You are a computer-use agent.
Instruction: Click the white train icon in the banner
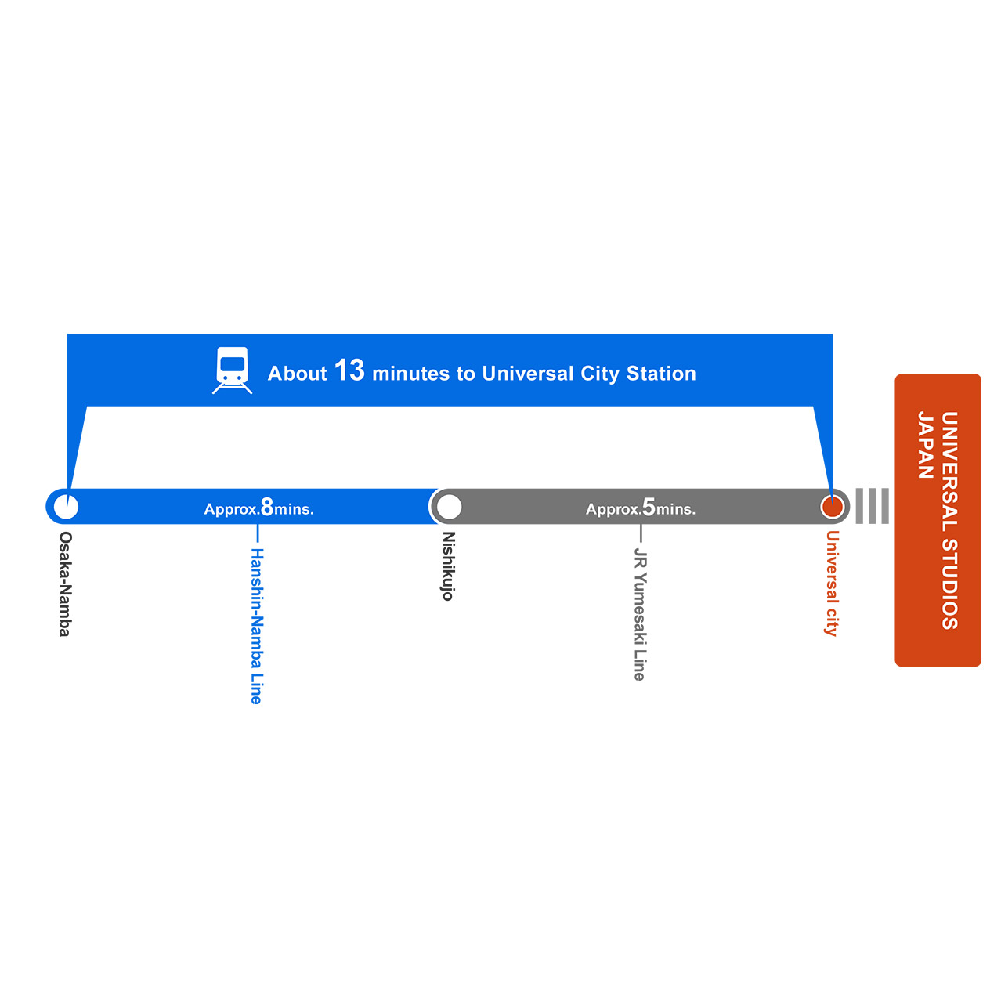pos(232,370)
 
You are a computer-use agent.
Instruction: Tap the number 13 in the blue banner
pos(349,370)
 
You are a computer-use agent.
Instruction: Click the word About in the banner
pos(297,374)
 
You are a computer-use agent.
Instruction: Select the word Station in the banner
pos(661,374)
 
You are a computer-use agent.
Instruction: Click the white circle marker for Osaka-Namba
pos(67,507)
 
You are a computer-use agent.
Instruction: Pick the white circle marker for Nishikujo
pos(450,507)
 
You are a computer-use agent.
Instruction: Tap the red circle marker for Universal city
pos(832,507)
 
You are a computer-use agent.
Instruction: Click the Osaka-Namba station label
pos(66,584)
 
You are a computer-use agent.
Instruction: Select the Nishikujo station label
pos(448,566)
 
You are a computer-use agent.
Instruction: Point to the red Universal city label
pos(832,583)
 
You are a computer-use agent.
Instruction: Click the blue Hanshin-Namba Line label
pos(257,626)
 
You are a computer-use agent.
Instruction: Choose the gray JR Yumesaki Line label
pos(640,614)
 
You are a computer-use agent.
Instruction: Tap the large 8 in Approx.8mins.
pos(267,507)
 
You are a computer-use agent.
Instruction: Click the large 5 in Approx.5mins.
pos(649,507)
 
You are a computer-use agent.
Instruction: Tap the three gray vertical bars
pos(873,506)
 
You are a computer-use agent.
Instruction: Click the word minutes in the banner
pos(411,374)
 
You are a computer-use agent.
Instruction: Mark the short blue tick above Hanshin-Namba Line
pos(258,533)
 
